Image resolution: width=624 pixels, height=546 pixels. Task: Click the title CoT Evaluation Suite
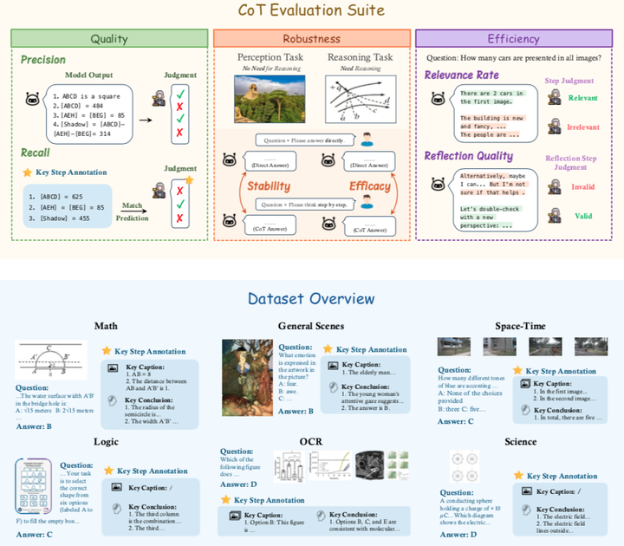311,11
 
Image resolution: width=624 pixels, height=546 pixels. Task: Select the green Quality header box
109,38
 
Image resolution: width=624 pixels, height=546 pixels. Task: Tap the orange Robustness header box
311,38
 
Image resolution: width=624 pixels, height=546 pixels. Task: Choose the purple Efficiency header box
513,38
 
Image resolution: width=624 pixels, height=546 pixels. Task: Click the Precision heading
44,60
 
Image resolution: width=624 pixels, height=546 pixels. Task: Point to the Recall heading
36,153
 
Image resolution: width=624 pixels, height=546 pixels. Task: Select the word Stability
268,185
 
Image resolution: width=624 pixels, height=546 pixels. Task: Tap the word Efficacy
370,185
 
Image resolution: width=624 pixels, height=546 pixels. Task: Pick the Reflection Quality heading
469,156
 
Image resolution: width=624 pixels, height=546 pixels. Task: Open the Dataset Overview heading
311,299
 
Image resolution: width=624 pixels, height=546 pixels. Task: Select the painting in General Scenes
248,377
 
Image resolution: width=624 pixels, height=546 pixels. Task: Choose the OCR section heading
312,442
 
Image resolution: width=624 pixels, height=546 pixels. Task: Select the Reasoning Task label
359,58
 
